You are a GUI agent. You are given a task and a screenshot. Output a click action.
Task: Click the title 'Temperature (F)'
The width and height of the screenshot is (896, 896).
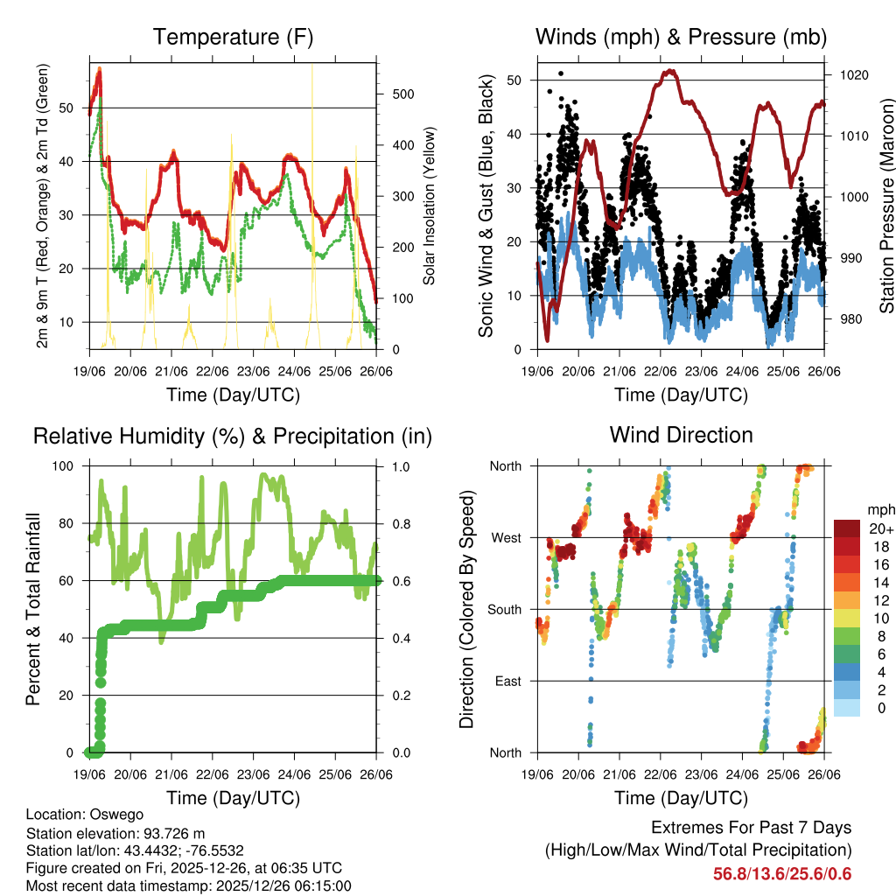coord(233,38)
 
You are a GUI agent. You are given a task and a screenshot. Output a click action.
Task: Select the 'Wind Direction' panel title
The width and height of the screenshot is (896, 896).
coord(681,435)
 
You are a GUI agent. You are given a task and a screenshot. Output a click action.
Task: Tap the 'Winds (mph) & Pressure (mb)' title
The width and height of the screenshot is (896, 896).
coord(681,38)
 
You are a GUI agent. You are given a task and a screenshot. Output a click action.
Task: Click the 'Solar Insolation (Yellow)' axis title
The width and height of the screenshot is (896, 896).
coord(429,206)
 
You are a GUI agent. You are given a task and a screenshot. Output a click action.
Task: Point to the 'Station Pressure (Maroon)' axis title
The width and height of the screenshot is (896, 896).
coord(886,206)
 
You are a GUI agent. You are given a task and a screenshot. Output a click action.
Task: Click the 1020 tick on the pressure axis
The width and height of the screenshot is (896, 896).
coord(854,75)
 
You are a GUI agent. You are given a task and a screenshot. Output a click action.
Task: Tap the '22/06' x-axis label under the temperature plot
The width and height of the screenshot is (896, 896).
coord(213,371)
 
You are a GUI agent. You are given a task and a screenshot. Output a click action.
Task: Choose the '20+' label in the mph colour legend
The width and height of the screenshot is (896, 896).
coord(879,528)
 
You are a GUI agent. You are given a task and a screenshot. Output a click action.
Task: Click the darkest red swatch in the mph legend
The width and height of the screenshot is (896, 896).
coord(846,528)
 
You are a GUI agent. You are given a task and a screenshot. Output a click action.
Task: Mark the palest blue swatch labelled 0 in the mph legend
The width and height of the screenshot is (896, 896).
coord(846,708)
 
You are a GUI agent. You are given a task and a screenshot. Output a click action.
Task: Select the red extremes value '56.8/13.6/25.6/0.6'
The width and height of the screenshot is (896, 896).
coord(782,874)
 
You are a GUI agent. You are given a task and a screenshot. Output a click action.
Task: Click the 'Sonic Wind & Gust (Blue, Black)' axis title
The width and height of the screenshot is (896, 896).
coord(486,206)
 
